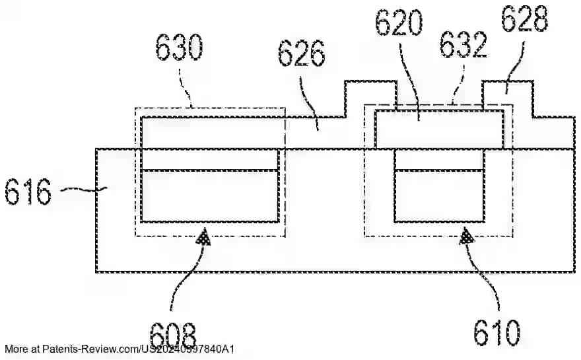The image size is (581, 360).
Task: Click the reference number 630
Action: pyautogui.click(x=179, y=48)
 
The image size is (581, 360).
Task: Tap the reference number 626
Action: pyautogui.click(x=301, y=54)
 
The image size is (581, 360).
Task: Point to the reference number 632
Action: pyautogui.click(x=464, y=46)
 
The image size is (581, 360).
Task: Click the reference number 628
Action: pyautogui.click(x=524, y=20)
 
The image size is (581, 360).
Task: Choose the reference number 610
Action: pyautogui.click(x=496, y=330)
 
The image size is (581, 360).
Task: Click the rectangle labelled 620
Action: pyautogui.click(x=439, y=130)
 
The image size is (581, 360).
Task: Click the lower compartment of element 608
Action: pyautogui.click(x=209, y=196)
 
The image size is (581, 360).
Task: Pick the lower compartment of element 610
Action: pyautogui.click(x=438, y=196)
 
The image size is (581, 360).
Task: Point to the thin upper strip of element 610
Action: pyautogui.click(x=438, y=159)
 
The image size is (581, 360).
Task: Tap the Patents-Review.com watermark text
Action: pyautogui.click(x=119, y=349)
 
